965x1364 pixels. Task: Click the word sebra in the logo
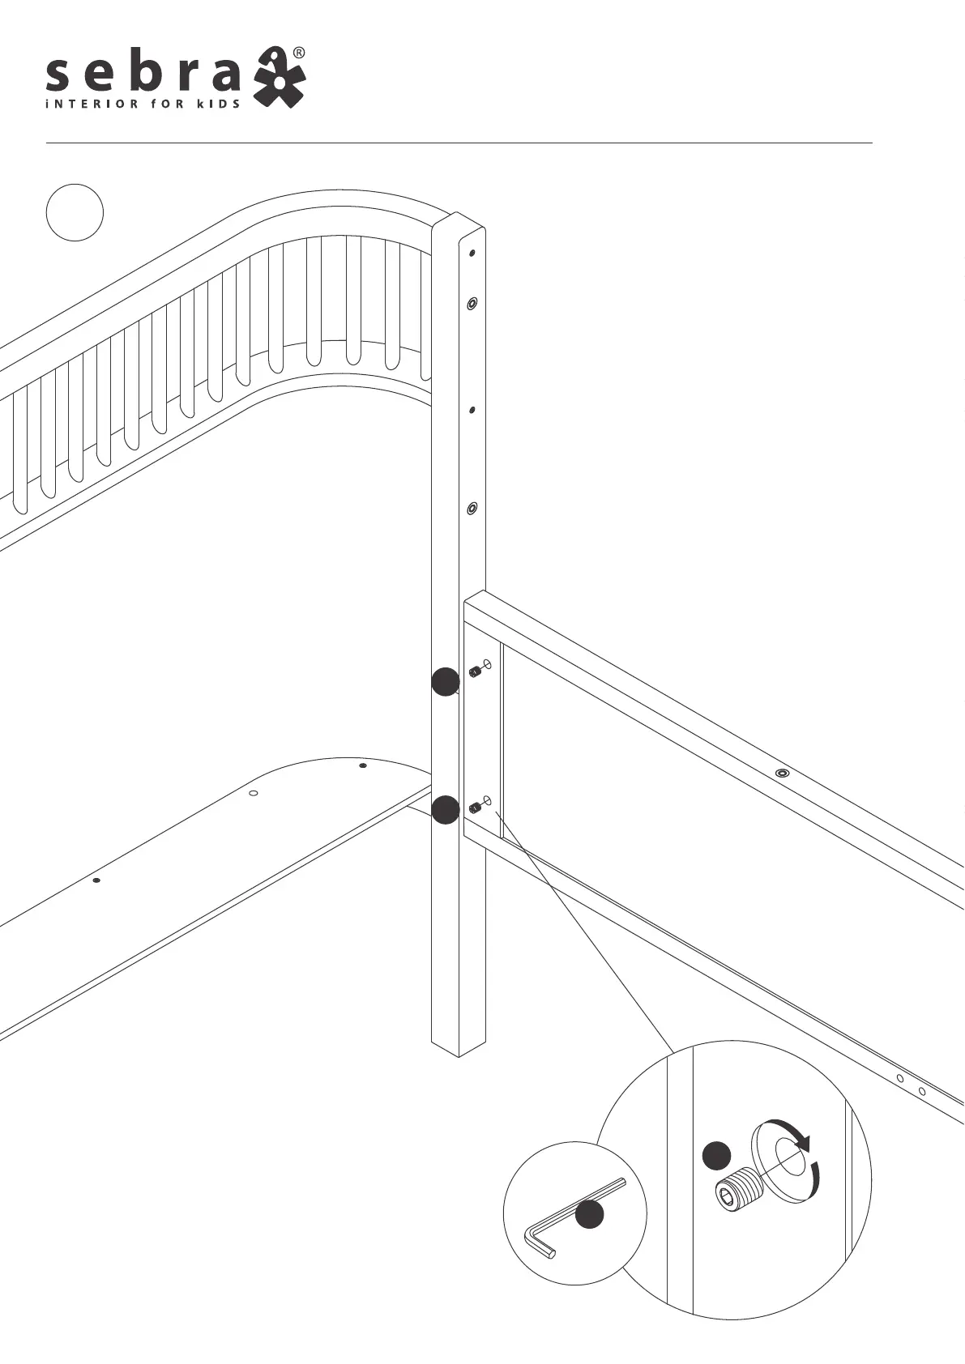pyautogui.click(x=143, y=75)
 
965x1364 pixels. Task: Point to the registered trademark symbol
pyautogui.click(x=299, y=53)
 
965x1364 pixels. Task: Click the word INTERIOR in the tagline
pyautogui.click(x=86, y=104)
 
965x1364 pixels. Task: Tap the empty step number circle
pyautogui.click(x=75, y=213)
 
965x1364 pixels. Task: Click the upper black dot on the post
pyautogui.click(x=445, y=682)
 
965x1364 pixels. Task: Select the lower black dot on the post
pyautogui.click(x=445, y=809)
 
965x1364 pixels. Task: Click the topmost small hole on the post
pyautogui.click(x=472, y=253)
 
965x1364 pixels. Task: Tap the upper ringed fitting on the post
pyautogui.click(x=472, y=304)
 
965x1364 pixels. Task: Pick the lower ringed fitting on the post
pyautogui.click(x=472, y=509)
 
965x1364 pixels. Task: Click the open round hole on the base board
pyautogui.click(x=253, y=793)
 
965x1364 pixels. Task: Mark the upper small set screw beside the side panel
pyautogui.click(x=475, y=671)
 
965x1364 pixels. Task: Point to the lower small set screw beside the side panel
pyautogui.click(x=475, y=808)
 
